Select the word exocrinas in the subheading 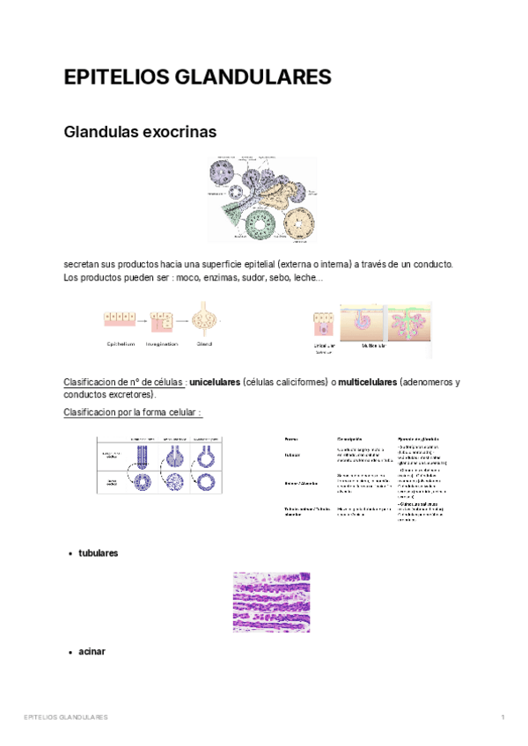click(176, 132)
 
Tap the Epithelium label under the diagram click(121, 344)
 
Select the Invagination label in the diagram click(162, 344)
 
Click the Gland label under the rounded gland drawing click(204, 344)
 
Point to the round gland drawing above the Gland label click(205, 320)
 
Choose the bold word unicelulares click(215, 383)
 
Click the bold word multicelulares click(367, 383)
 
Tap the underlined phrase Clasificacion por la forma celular click(133, 413)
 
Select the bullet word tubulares click(98, 552)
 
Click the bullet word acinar click(92, 651)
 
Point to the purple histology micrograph click(271, 602)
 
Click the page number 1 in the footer click(502, 718)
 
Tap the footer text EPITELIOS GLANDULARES click(66, 718)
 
